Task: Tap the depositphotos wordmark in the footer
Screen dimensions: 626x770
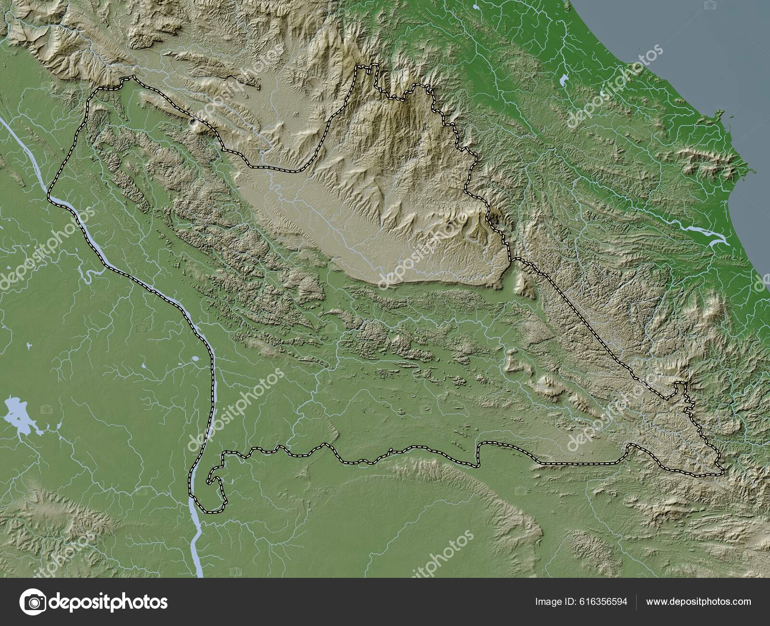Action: pos(109,601)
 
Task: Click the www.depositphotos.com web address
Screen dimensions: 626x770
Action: pos(698,601)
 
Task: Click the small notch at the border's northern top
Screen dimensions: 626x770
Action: pos(369,69)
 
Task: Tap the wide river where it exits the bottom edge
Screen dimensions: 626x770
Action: pos(199,568)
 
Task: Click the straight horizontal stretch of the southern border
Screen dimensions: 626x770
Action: pos(577,463)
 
